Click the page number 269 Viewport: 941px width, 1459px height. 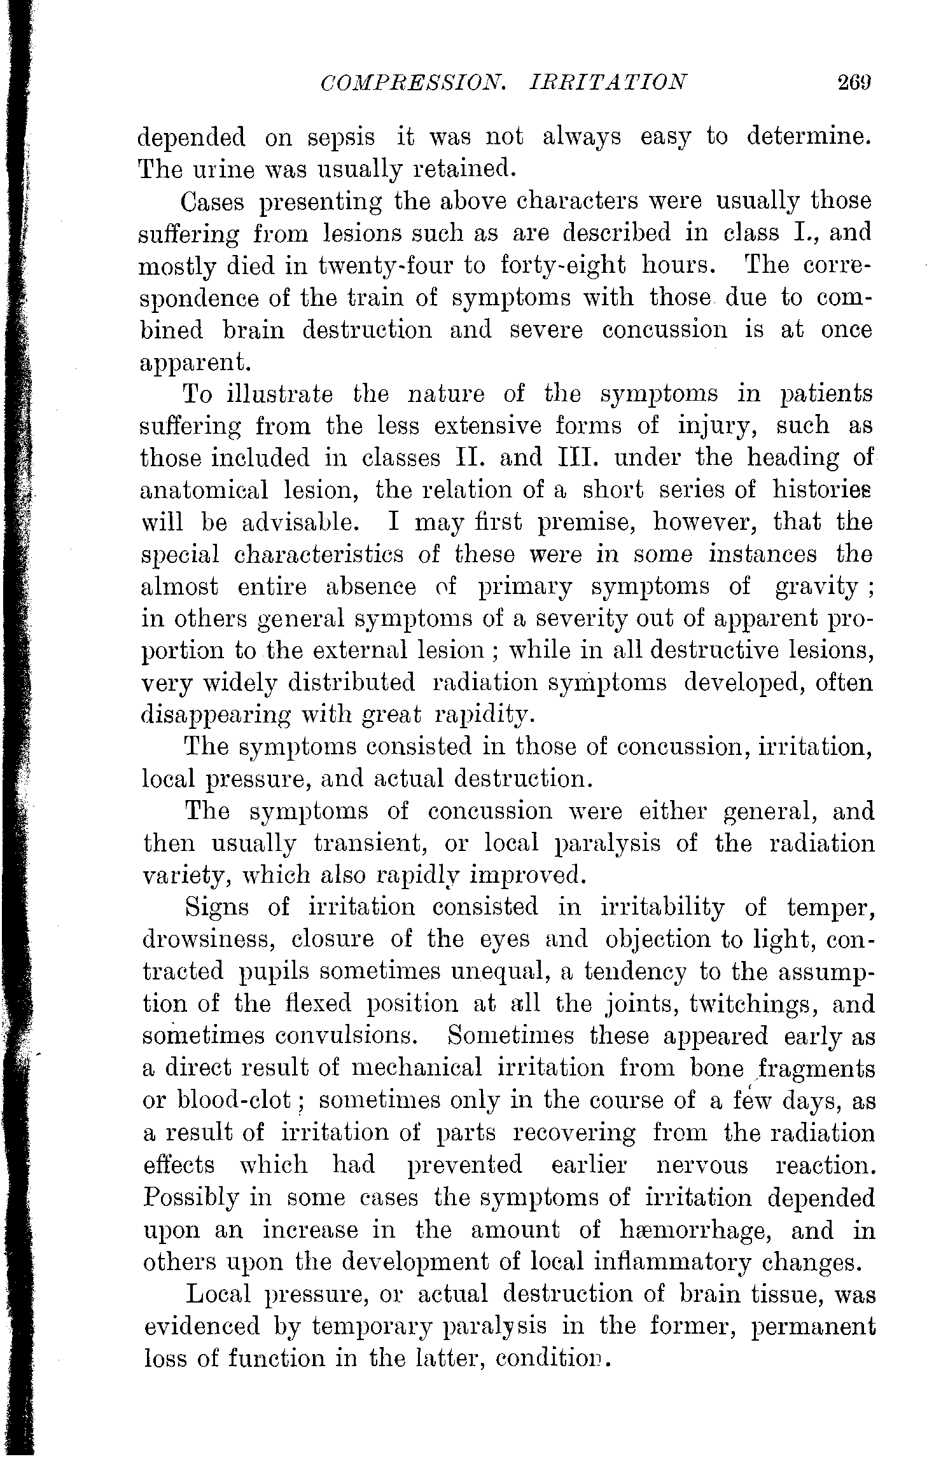853,83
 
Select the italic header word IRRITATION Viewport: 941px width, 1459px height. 608,83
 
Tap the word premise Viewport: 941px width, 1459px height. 485,523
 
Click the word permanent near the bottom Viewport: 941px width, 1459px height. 812,1326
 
